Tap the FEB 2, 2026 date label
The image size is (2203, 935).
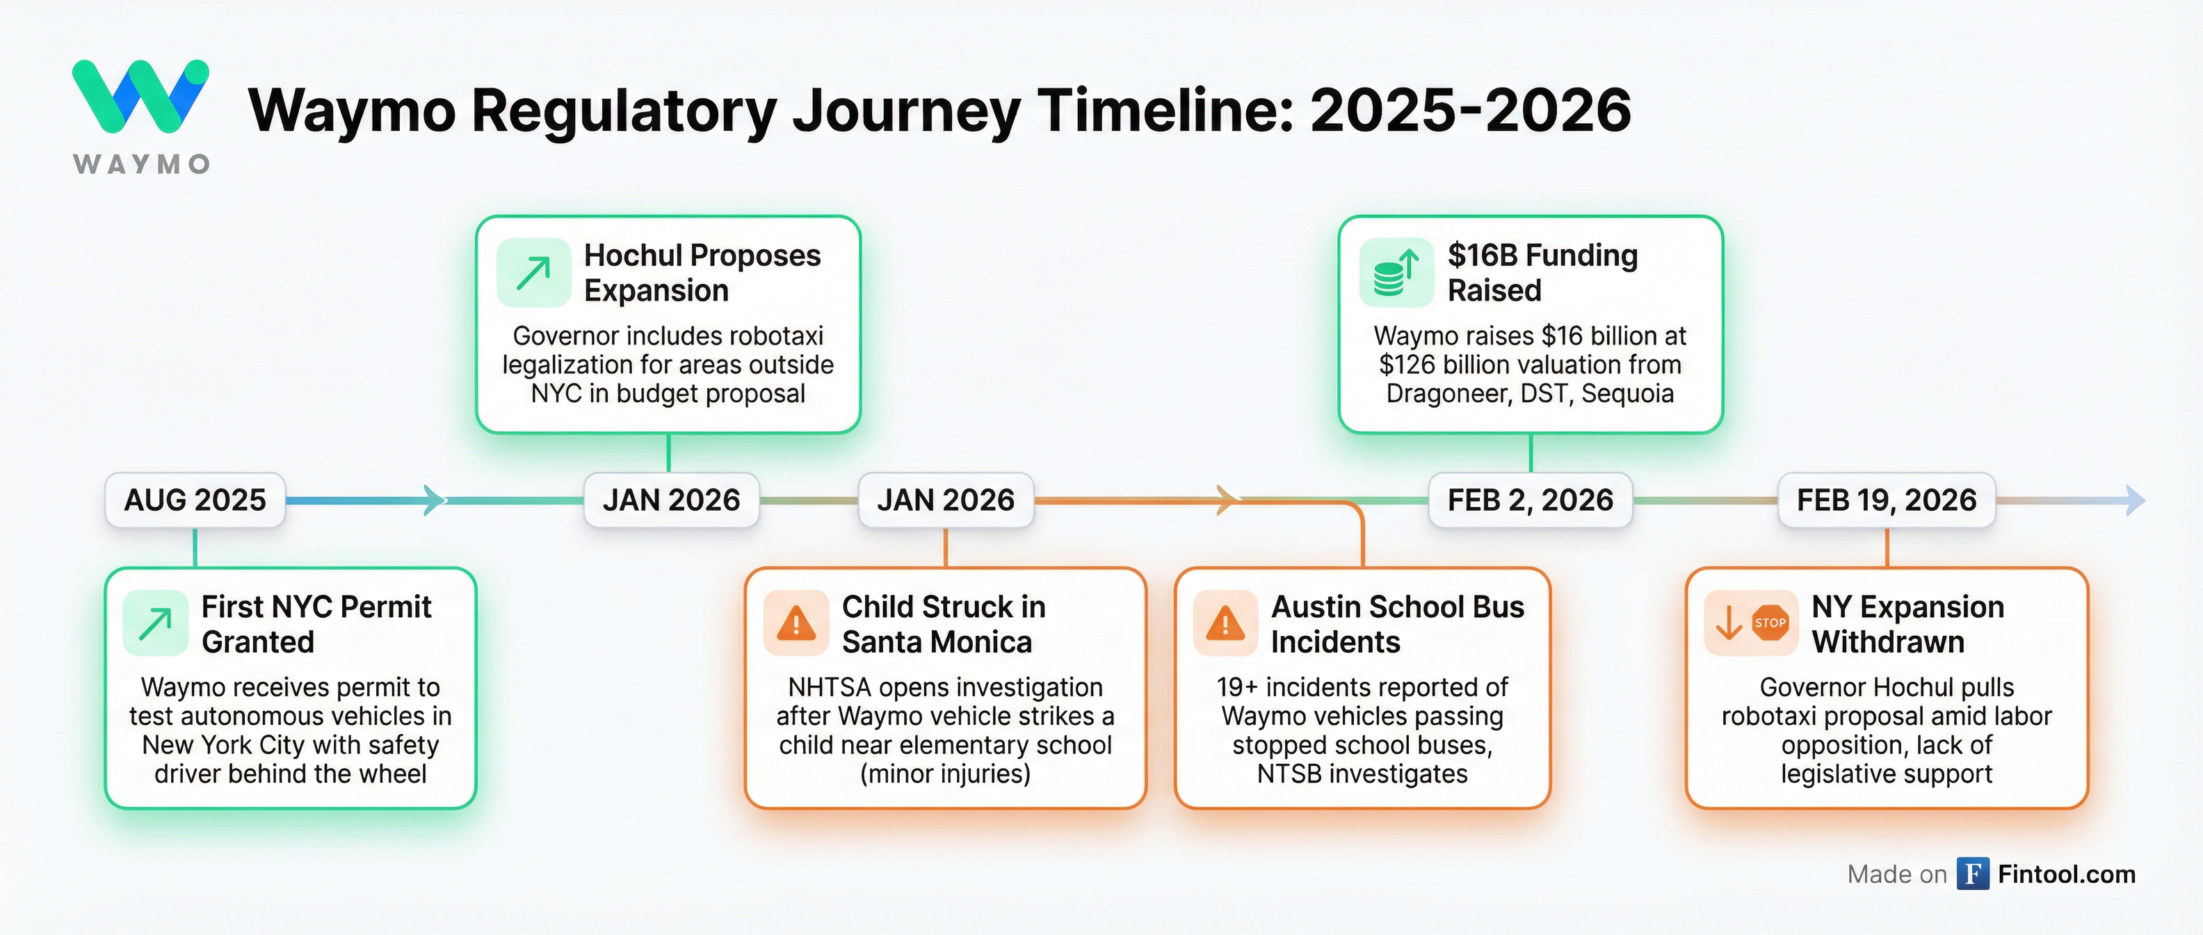click(1530, 500)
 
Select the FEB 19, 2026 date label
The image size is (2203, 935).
click(1887, 500)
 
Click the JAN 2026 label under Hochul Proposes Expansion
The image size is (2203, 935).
click(671, 500)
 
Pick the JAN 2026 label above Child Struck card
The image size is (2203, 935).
click(946, 500)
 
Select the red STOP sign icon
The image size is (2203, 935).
click(1769, 623)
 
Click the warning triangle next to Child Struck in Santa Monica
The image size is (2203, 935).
click(796, 623)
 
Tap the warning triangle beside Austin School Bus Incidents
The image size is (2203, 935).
click(1225, 623)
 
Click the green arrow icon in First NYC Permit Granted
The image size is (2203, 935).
click(156, 623)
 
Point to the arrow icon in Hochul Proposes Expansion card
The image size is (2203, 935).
click(533, 273)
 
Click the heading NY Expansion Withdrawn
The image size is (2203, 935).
click(1907, 623)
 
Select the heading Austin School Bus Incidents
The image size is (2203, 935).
click(1396, 623)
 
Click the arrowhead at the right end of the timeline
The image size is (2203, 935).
click(2136, 500)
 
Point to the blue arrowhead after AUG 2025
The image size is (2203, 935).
click(435, 500)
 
